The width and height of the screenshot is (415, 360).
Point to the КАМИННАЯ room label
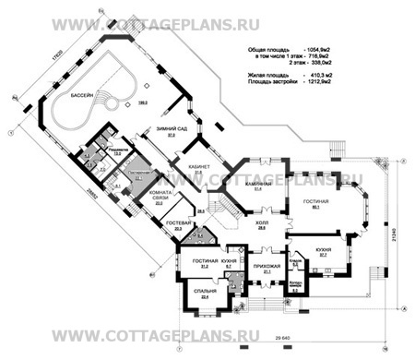pyautogui.click(x=259, y=185)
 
